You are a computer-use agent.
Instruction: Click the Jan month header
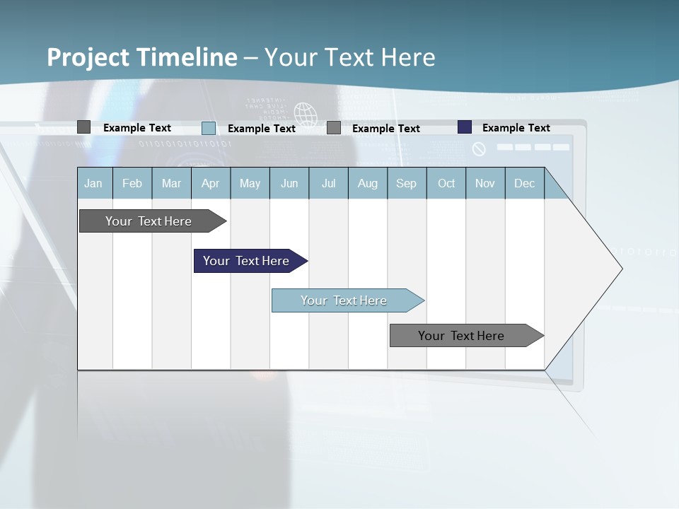click(x=94, y=183)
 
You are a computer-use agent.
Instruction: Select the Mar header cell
click(x=171, y=183)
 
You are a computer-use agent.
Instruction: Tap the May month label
click(x=250, y=183)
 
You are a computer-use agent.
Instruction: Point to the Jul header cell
click(x=328, y=183)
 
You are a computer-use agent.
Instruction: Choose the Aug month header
click(x=367, y=183)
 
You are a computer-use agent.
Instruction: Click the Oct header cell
click(x=446, y=183)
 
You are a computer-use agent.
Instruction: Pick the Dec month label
click(x=524, y=183)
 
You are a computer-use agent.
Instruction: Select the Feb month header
click(x=132, y=183)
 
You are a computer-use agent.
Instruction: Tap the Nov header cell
click(x=485, y=183)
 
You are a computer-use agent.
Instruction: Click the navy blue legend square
click(x=465, y=127)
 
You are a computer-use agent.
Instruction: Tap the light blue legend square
click(x=209, y=128)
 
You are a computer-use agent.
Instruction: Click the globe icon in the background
click(x=306, y=114)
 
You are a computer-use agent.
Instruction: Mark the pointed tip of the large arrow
click(x=621, y=269)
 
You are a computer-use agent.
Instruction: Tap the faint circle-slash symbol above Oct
click(x=479, y=149)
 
